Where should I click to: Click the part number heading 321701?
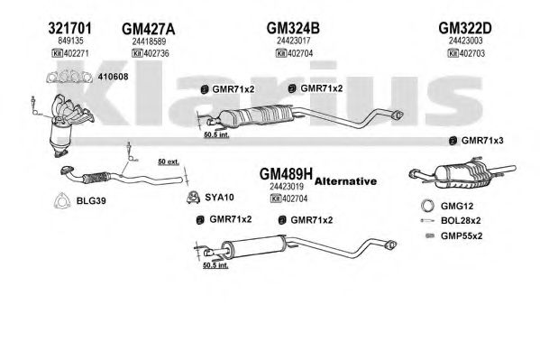70,28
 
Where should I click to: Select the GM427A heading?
149,29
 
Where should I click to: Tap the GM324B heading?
293,28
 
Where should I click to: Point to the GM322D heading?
465,28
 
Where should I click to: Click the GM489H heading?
286,174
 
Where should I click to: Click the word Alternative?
345,181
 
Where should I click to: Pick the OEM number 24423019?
287,187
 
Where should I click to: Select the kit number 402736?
156,53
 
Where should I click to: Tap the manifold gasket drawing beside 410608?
69,76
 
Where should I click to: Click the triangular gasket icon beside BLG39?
62,200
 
